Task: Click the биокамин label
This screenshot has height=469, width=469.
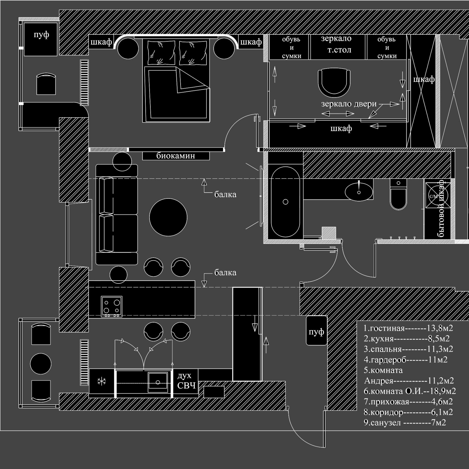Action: [x=176, y=156]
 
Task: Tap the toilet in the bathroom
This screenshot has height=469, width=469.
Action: [x=398, y=194]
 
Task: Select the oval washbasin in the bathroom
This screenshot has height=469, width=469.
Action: [x=359, y=192]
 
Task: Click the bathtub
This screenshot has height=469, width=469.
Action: [x=285, y=202]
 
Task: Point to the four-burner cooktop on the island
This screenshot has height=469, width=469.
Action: [x=111, y=306]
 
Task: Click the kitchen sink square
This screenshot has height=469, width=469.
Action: [x=158, y=382]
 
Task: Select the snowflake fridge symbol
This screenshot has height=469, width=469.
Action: [x=101, y=381]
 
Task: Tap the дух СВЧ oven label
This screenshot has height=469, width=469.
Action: [x=186, y=380]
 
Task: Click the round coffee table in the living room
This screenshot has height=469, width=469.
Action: [x=168, y=217]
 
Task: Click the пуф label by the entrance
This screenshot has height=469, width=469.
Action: [x=316, y=332]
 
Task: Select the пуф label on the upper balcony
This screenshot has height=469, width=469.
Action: [x=41, y=35]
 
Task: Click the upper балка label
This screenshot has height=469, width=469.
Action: [x=225, y=194]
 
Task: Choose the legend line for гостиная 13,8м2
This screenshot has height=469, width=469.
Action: [x=408, y=328]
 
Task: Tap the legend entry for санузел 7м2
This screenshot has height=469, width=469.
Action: [x=405, y=422]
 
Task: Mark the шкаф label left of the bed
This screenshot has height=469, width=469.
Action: [x=101, y=42]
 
